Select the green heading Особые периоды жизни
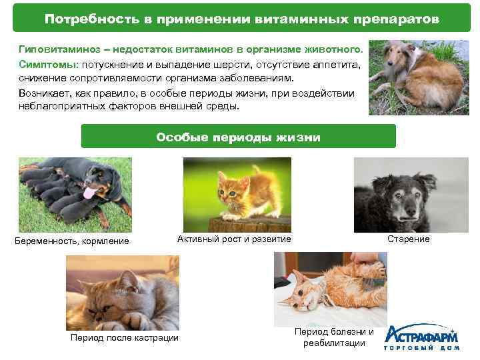pos(238,137)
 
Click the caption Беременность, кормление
pos(72,241)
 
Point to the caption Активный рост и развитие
pos(234,239)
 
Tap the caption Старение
pos(408,239)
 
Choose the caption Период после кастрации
pos(125,337)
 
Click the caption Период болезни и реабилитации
pos(334,337)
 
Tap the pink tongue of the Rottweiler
pos(89,194)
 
